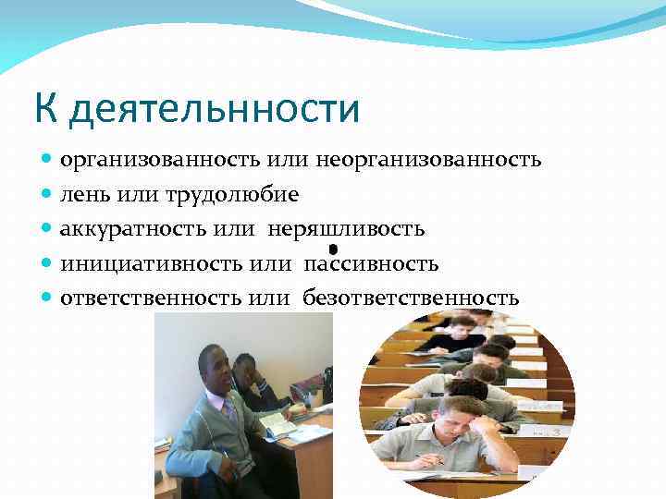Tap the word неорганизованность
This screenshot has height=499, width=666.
[428, 160]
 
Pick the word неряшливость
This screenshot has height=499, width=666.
[347, 229]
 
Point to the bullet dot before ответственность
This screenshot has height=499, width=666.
[48, 298]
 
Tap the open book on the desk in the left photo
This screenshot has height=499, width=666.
[277, 423]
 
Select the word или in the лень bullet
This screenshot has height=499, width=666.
[137, 195]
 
